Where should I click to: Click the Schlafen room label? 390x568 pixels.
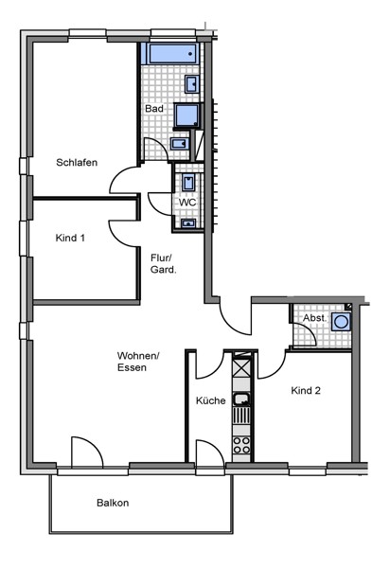(x=77, y=162)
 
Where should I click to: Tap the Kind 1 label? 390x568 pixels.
(x=70, y=238)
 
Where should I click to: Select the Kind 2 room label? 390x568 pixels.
(x=306, y=390)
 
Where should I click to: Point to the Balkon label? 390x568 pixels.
(x=113, y=503)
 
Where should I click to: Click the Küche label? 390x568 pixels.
(x=211, y=400)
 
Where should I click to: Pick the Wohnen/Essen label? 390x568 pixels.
(x=138, y=362)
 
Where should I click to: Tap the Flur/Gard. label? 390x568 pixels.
(x=164, y=264)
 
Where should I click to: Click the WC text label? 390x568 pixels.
(x=187, y=203)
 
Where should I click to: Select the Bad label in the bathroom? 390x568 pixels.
(x=154, y=109)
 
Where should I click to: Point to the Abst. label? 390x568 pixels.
(x=314, y=318)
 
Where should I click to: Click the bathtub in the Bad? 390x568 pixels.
(x=169, y=54)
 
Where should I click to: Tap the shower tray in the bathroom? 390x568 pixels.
(x=186, y=115)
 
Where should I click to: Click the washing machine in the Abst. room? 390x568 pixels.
(x=341, y=322)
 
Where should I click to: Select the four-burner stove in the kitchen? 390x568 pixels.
(x=241, y=445)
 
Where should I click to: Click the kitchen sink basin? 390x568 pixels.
(x=241, y=399)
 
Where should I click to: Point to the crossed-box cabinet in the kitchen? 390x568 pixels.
(x=241, y=366)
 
